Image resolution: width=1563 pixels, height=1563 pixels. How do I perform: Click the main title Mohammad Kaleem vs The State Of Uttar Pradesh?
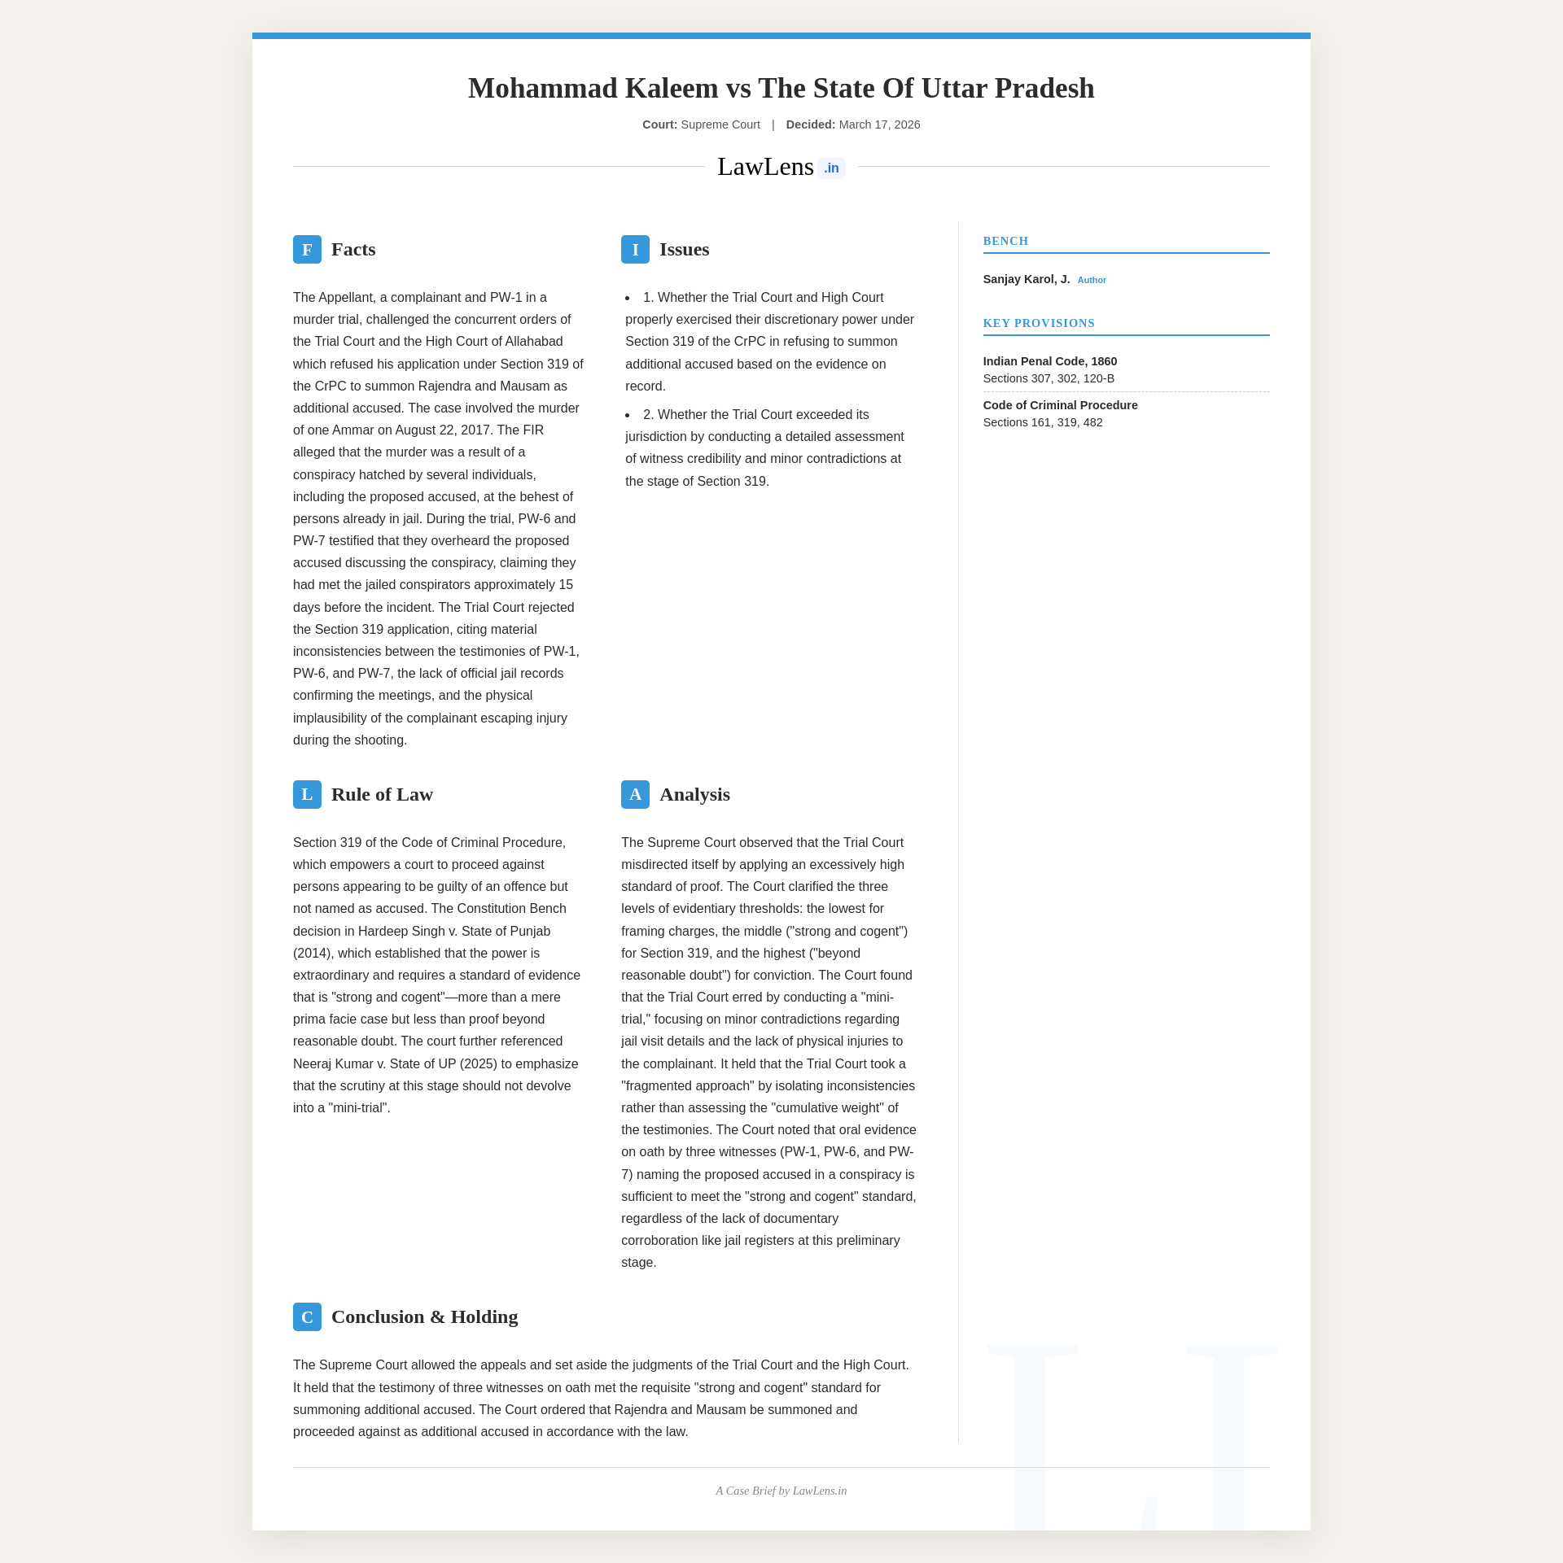[781, 88]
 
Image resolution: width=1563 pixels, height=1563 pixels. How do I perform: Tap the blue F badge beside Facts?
[307, 250]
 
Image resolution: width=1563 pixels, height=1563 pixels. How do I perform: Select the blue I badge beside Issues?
[635, 250]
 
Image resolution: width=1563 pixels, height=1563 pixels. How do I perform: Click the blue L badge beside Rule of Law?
[307, 795]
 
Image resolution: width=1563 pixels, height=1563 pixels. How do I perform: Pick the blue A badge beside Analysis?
[635, 795]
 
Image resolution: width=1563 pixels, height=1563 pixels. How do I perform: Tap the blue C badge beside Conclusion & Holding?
[307, 1317]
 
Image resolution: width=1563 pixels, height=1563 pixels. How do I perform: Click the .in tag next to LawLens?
[831, 168]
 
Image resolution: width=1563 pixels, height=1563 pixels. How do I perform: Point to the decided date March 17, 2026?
[879, 124]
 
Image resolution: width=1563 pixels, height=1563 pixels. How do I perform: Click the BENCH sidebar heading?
[1005, 241]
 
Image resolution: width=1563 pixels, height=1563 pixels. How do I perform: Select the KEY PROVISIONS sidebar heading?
[1039, 323]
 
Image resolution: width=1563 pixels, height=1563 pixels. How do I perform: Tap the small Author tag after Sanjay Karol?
[1092, 280]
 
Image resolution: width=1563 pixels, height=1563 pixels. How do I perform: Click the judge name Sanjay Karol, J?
[1026, 279]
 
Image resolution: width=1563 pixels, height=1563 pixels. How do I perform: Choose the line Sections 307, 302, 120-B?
[1049, 378]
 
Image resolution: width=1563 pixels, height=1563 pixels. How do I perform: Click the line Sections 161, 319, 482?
[1043, 422]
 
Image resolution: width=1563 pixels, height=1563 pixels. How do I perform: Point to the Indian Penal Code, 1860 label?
[1049, 361]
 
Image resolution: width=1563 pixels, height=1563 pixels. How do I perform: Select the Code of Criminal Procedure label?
[1060, 405]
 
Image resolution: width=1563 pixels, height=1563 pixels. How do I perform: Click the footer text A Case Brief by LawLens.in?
[781, 1491]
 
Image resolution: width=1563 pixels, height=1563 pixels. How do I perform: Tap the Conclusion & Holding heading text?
[424, 1317]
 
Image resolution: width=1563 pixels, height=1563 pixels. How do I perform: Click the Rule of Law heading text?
[382, 795]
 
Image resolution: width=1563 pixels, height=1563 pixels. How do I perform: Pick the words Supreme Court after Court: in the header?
[720, 124]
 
